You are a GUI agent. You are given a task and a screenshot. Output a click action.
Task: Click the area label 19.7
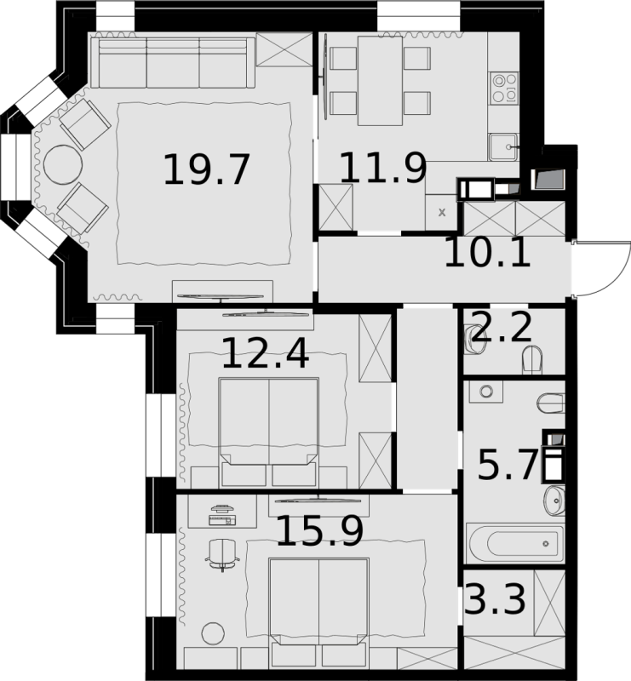point(206,169)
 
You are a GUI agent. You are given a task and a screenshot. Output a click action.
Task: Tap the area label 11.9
point(383,167)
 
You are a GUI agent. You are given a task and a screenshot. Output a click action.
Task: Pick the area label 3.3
point(496,598)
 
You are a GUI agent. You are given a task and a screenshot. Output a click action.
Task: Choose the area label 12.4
point(266,353)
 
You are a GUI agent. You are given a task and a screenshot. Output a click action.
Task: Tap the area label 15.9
point(319,530)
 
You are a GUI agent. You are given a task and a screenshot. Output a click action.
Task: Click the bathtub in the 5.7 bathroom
point(514,543)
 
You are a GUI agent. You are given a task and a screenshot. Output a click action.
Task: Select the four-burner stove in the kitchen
point(504,89)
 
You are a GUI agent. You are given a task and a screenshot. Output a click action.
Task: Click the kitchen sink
point(502,146)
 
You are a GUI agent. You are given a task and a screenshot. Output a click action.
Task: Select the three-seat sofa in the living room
point(173,62)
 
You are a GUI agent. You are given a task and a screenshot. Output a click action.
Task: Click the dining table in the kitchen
point(380,81)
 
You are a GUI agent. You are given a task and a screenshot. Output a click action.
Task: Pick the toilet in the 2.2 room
point(532,359)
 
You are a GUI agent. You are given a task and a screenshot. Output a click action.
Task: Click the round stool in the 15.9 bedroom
point(214,633)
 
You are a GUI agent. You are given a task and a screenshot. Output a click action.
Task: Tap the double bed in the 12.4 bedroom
point(269,432)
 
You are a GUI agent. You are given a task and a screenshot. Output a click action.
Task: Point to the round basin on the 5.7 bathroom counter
point(486,392)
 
